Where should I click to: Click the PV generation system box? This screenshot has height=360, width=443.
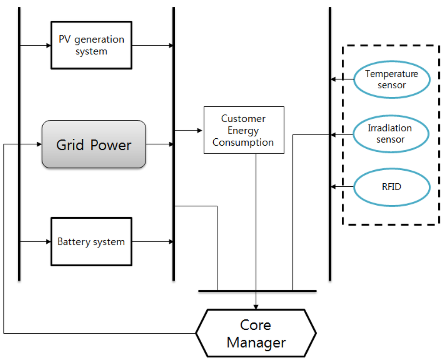coord(91,45)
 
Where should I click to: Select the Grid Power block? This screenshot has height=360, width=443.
coord(94,144)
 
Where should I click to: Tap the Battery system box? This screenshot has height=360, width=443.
coord(91,242)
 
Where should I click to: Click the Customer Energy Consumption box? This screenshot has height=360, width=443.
coord(244,130)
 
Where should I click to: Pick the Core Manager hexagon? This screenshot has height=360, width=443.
coord(256,333)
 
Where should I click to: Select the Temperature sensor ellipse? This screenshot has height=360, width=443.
coord(392,80)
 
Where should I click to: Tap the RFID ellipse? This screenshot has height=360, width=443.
coord(392,187)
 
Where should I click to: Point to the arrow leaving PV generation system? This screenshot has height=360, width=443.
coord(152,45)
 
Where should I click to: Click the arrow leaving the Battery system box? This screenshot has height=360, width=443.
coord(152,242)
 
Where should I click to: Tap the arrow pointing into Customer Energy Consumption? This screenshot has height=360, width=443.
coord(189,130)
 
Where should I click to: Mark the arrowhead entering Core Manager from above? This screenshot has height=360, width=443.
coord(256,306)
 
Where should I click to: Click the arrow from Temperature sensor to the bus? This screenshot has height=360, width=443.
coord(342,80)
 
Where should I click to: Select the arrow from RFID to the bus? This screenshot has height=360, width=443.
coord(342,187)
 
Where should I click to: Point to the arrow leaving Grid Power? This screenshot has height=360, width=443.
coord(159,144)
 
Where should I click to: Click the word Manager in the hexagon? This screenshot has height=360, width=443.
coord(256,343)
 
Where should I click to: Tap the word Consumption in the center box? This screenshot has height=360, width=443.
coord(243,142)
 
